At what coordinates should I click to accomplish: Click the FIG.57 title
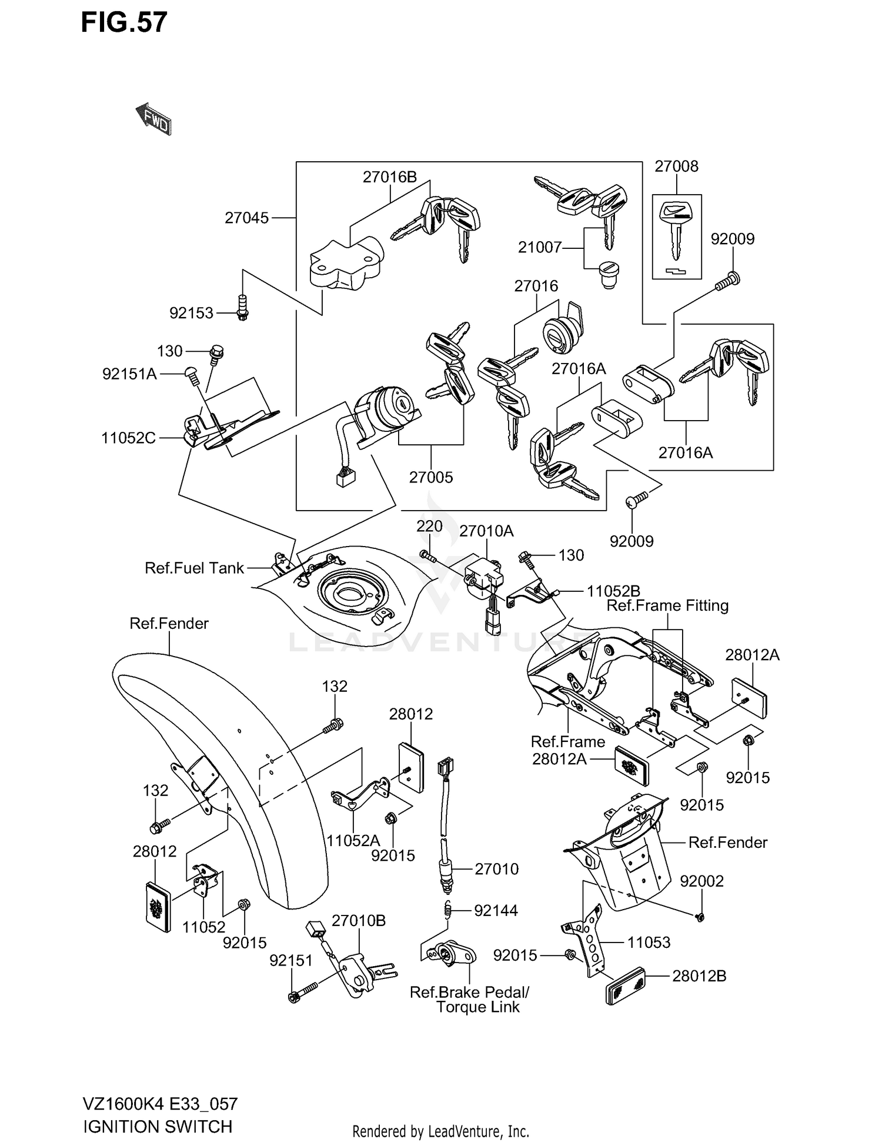124,22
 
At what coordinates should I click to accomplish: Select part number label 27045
246,218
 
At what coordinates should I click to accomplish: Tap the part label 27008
676,167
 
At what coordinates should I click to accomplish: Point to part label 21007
540,248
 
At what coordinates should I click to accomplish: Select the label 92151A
129,374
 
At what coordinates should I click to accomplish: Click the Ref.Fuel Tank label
194,568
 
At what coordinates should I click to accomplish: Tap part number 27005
431,478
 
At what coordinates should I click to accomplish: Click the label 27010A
486,531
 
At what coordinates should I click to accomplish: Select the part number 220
429,527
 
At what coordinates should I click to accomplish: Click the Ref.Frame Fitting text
667,606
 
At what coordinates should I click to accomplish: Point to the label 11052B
613,591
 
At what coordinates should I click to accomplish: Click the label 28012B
699,976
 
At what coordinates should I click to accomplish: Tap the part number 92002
701,881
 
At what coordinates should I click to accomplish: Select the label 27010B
359,921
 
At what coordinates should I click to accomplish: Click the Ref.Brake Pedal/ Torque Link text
469,1000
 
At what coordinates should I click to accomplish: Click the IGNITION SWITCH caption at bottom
158,1127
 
